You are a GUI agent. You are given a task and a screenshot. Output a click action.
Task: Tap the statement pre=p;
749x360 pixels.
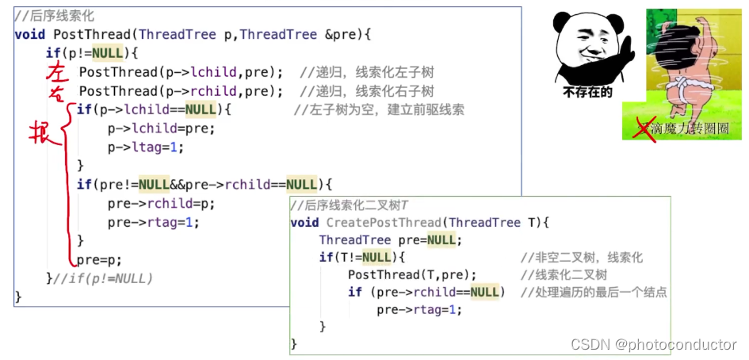(99, 259)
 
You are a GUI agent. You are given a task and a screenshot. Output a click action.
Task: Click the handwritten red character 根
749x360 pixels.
(41, 132)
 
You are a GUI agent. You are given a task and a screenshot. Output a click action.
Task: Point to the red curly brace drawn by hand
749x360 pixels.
(67, 182)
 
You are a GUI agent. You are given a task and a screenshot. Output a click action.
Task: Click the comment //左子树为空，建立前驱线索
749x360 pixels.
(378, 109)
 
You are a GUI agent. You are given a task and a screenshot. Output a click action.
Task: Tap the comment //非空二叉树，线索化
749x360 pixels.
(581, 258)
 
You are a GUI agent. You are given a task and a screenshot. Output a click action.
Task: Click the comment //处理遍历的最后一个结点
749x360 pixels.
(594, 292)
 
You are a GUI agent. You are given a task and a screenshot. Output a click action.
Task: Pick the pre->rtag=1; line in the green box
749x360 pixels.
(419, 309)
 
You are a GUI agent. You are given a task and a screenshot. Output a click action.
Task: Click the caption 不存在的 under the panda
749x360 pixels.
(587, 92)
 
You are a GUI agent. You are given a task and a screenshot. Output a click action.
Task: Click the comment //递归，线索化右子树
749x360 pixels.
(366, 90)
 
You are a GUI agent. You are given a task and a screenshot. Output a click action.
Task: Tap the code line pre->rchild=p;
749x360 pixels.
(161, 203)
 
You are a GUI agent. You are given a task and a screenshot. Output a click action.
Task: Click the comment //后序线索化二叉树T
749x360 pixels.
(350, 205)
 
